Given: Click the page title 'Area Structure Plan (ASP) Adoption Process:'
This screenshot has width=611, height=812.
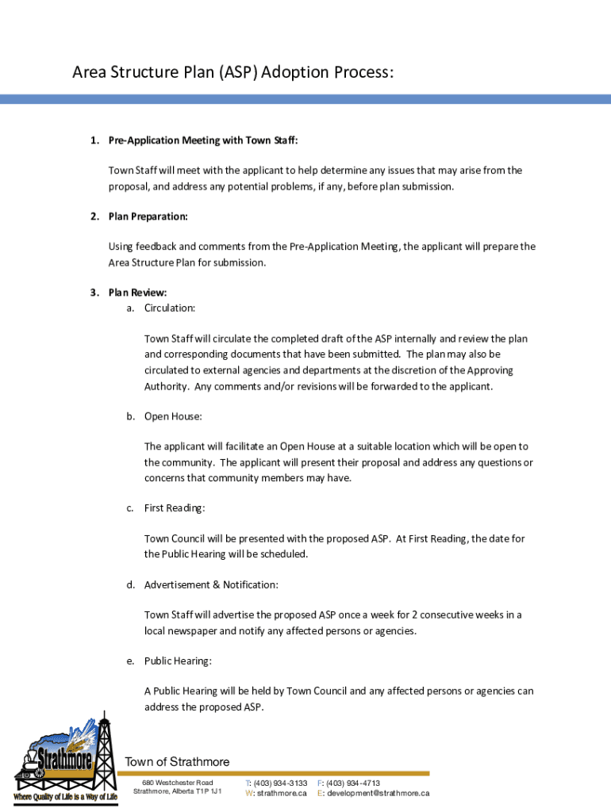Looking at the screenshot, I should tap(232, 73).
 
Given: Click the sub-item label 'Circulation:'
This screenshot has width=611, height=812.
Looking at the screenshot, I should tap(169, 308).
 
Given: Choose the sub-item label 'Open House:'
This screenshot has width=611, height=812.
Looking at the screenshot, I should tap(172, 416).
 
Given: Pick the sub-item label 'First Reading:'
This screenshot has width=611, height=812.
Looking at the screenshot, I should tap(175, 507).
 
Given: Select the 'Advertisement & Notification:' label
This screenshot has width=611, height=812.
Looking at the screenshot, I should tap(210, 584).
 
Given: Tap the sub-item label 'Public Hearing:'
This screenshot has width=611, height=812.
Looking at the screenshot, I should tap(178, 661).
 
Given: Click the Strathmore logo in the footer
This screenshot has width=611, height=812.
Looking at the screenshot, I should tap(63, 753).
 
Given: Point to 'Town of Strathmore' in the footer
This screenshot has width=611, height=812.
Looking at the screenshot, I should tap(177, 762).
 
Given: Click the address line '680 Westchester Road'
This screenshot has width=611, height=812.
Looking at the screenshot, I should tap(172, 783).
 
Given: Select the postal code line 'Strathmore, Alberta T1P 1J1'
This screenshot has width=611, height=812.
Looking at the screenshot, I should tap(177, 792).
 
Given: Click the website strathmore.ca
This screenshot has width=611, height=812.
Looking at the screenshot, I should tap(281, 793).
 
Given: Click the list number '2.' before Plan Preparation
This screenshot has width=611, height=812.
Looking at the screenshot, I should tap(94, 216).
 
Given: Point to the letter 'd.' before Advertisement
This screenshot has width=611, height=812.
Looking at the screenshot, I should tap(130, 584).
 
